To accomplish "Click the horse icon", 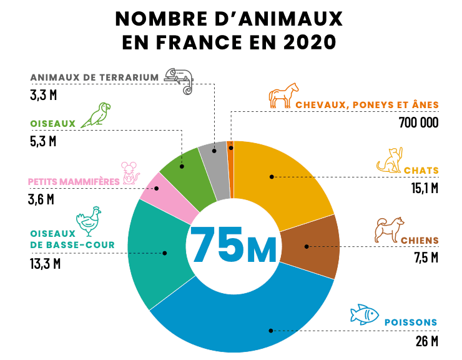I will coord(280,95).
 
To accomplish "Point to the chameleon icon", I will coord(179,79).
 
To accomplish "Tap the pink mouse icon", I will coord(130,173).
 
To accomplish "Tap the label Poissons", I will coord(410,322).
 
